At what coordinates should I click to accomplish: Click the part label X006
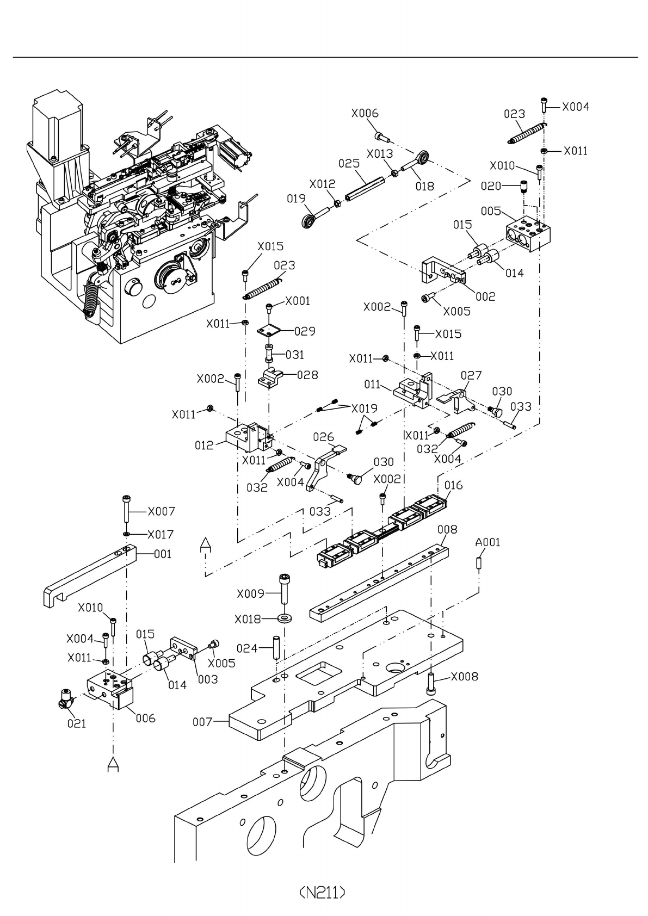coord(365,113)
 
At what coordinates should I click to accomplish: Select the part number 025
coord(349,163)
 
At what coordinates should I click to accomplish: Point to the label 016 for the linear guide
coord(453,485)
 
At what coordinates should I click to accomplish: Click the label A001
coord(487,542)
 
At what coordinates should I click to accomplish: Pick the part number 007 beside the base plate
coord(202,722)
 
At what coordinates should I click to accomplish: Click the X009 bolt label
coord(250,593)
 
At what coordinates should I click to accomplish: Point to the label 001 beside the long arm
coord(162,554)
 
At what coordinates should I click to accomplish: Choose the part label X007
coord(161,511)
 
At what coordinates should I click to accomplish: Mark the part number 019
coord(297,199)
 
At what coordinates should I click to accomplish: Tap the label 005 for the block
coord(491,211)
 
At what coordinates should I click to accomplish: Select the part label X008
coord(465,677)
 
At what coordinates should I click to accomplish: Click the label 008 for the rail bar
coord(447,529)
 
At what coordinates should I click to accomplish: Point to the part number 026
coord(324,437)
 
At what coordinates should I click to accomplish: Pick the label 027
coord(471,375)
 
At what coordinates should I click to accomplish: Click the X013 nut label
coord(379,153)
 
